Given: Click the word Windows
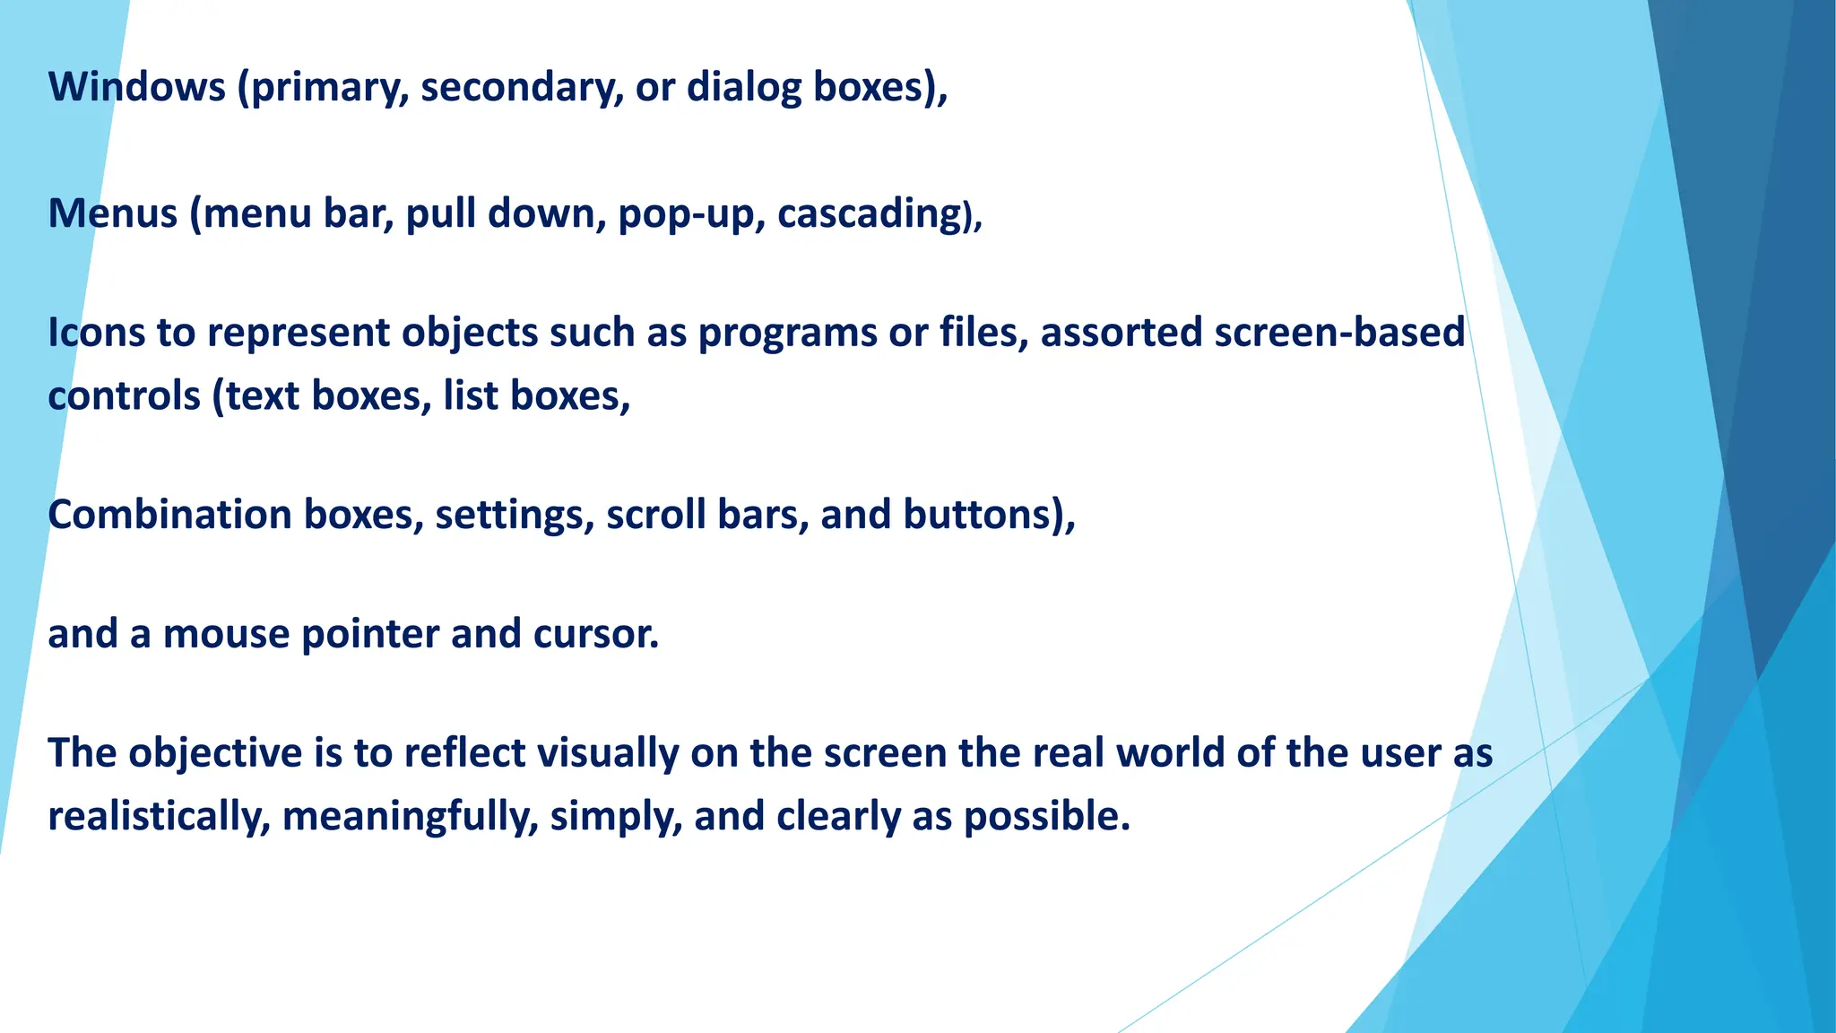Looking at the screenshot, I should pos(137,87).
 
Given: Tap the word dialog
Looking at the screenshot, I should pos(743,87).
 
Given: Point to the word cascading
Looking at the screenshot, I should pos(870,214).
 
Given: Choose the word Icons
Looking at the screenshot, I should pos(96,333).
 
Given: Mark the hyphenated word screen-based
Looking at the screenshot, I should pos(1339,333).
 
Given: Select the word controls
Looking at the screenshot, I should pos(124,396).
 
